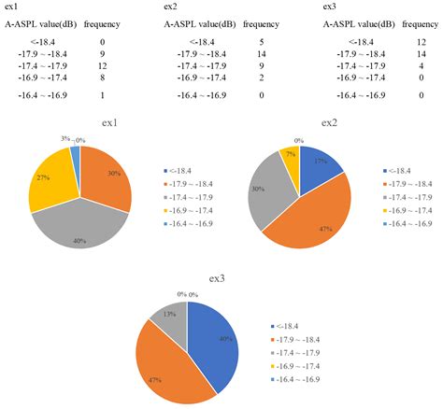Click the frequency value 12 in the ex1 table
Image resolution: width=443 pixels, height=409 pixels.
pyautogui.click(x=103, y=67)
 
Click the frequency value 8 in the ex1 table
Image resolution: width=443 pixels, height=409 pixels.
pyautogui.click(x=103, y=80)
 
